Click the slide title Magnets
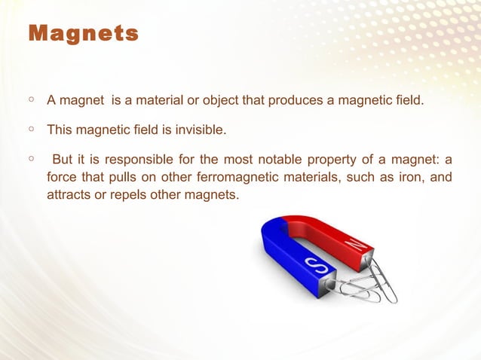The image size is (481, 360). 83,34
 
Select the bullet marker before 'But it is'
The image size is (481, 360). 29,159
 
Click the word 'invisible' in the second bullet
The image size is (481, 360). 199,130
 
